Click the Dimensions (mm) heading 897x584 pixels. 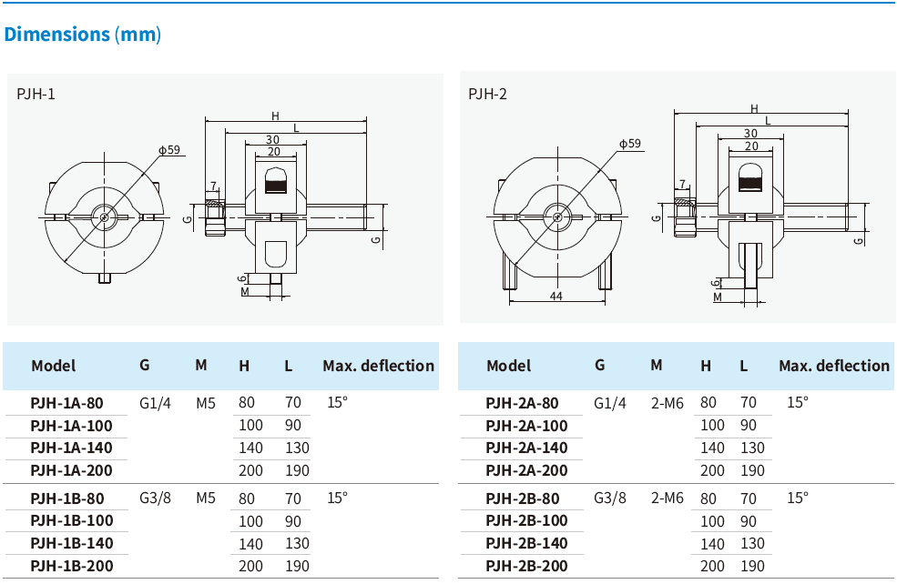pos(82,35)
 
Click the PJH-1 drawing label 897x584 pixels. pos(36,94)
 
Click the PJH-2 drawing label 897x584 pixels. pos(487,94)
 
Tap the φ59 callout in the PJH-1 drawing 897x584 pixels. pos(168,150)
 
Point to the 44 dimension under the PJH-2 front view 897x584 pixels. pos(556,297)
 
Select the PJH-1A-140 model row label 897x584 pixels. pos(71,448)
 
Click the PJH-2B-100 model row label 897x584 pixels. pos(526,520)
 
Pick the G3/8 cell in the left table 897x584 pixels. pos(155,498)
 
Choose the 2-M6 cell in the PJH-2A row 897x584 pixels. pos(667,402)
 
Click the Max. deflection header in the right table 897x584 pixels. pos(833,366)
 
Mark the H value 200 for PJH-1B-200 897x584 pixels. pos(250,566)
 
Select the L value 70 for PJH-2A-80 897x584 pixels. pos(748,402)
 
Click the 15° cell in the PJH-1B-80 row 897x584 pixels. pos(337,498)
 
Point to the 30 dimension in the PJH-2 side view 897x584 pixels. pos(750,134)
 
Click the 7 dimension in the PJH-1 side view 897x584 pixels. pos(213,186)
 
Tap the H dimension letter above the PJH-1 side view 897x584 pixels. pos(275,116)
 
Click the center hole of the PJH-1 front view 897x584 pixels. pos(106,216)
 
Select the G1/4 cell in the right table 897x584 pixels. pos(610,402)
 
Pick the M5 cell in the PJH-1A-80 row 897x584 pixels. pos(205,402)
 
